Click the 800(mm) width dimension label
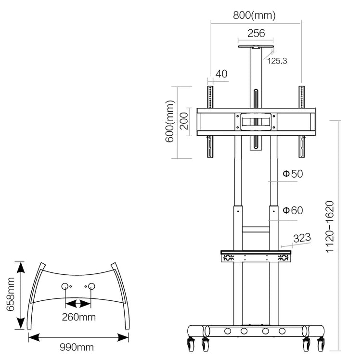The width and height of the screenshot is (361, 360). pyautogui.click(x=255, y=15)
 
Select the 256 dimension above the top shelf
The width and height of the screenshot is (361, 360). pyautogui.click(x=256, y=33)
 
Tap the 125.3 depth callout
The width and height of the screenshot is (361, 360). pyautogui.click(x=277, y=61)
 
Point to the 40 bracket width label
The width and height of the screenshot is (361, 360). pyautogui.click(x=221, y=74)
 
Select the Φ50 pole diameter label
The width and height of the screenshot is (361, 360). pyautogui.click(x=293, y=174)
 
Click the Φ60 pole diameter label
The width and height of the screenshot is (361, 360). pyautogui.click(x=293, y=210)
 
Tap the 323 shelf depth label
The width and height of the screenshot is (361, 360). pyautogui.click(x=302, y=237)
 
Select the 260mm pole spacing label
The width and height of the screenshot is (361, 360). pyautogui.click(x=78, y=317)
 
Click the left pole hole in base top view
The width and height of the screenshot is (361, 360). pyautogui.click(x=65, y=286)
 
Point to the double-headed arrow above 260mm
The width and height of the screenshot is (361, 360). pyautogui.click(x=78, y=304)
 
